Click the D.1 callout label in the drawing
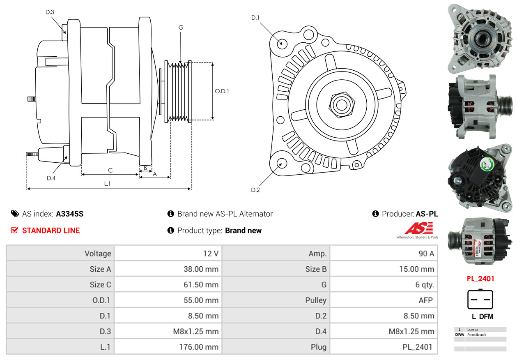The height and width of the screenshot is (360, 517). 255,18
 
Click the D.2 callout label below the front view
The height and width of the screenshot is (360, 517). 255,190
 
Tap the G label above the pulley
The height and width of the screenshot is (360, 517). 181,28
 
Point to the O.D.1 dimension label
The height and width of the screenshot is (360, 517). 222,91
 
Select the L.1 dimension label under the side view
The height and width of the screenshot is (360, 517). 107,184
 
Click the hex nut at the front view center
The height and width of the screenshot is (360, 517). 341,104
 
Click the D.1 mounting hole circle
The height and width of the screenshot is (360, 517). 282,43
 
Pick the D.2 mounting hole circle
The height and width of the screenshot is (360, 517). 282,164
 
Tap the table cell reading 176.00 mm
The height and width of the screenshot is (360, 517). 199,347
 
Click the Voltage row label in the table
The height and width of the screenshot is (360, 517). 98,254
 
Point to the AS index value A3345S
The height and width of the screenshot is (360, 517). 70,214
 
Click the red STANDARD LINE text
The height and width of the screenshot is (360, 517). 51,231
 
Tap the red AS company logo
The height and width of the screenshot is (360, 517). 418,228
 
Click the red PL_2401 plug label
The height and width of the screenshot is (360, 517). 480,279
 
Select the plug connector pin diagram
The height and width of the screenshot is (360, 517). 480,299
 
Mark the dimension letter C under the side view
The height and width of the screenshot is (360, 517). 110,170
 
